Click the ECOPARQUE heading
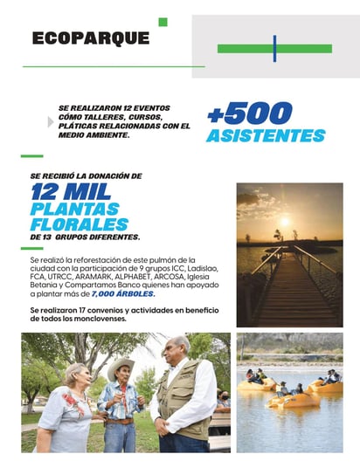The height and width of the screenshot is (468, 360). (x=90, y=38)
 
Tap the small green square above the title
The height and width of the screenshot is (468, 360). (x=163, y=22)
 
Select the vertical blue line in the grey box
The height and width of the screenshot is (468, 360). (x=274, y=49)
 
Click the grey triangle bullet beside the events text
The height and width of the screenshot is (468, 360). (x=50, y=122)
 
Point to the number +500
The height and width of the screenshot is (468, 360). (x=250, y=114)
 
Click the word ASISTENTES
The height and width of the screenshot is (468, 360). (x=266, y=136)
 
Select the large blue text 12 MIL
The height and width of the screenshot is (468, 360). (x=67, y=191)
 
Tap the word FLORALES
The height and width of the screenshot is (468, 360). (x=71, y=224)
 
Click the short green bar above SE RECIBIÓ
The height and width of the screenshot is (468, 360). (x=31, y=157)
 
